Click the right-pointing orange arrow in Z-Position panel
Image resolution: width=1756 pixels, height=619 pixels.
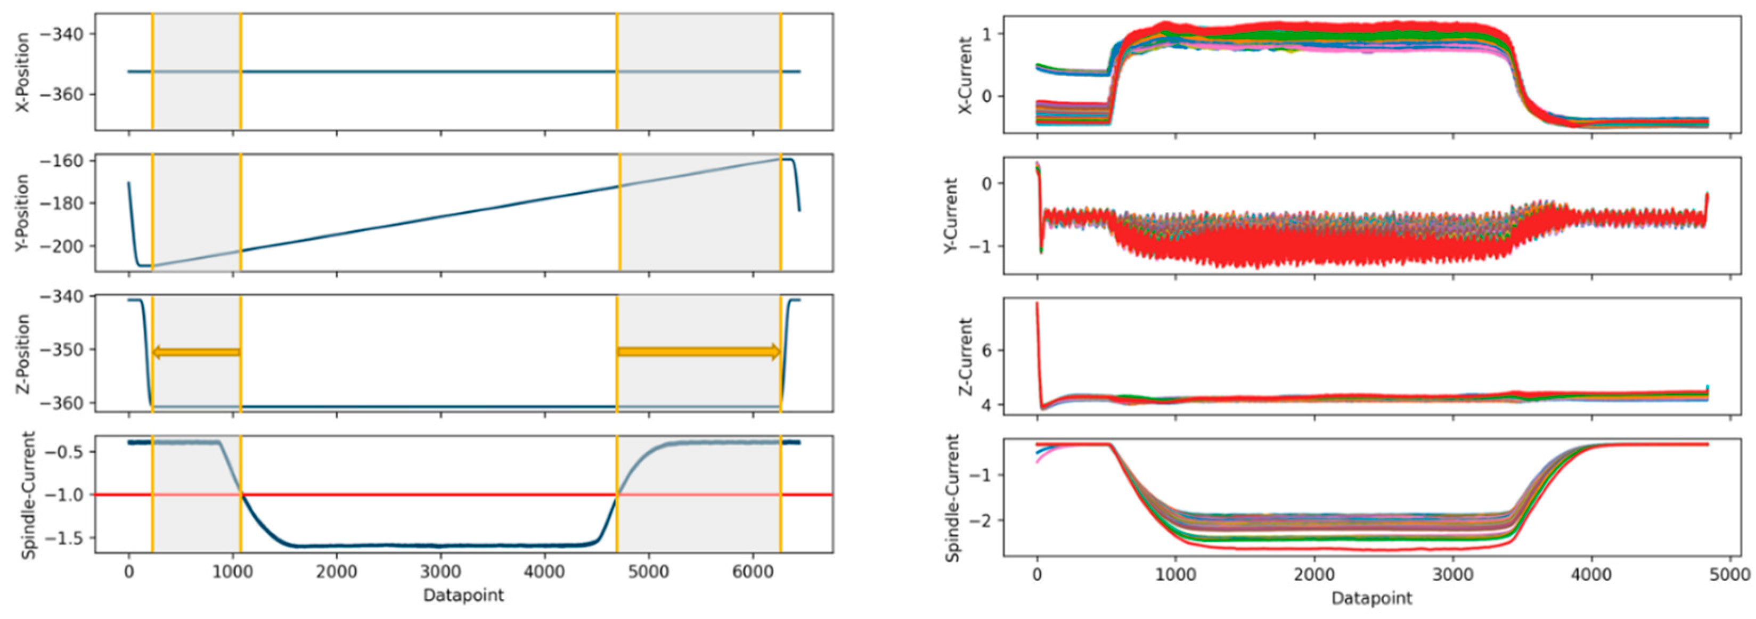698,352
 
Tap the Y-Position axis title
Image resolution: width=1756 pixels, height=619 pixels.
22,213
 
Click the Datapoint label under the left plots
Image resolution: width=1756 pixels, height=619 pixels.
463,595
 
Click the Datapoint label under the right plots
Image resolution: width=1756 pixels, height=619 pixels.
1371,599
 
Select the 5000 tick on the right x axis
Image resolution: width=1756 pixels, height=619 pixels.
1730,575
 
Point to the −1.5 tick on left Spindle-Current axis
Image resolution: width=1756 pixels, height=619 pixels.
66,538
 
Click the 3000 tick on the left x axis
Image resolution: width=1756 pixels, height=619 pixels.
440,571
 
